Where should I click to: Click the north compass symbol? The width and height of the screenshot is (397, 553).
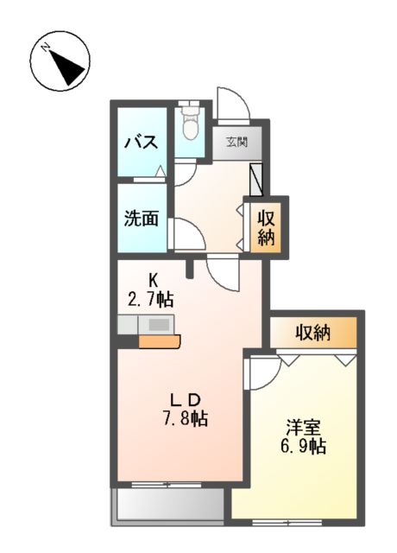tap(60, 61)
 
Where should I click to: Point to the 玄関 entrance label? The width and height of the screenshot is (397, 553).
tap(237, 142)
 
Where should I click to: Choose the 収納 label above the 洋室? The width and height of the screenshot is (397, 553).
tap(312, 332)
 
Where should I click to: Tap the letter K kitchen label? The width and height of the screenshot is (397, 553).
tap(154, 280)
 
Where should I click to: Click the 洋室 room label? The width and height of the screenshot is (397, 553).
tap(305, 427)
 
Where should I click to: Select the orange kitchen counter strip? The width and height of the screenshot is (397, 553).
tap(159, 340)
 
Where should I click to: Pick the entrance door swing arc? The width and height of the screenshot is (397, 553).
tap(232, 105)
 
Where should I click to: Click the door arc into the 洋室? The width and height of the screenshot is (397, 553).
tap(262, 372)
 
